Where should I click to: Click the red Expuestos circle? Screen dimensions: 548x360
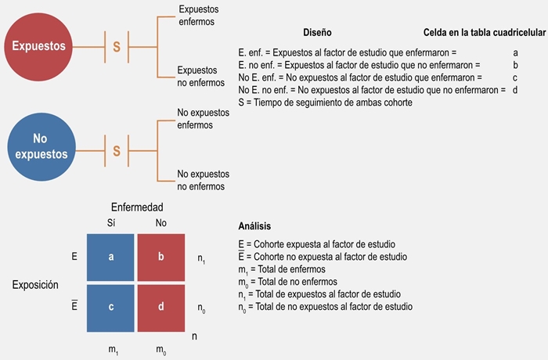point(38,46)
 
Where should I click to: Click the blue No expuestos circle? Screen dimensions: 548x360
point(38,146)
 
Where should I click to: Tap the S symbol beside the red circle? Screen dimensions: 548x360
point(117,47)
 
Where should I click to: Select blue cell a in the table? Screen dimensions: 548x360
point(110,257)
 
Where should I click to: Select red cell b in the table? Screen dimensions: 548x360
point(160,257)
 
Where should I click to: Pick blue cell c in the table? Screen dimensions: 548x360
point(110,306)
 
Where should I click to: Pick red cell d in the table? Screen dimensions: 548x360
point(160,306)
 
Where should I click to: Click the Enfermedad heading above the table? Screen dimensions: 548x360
point(137,207)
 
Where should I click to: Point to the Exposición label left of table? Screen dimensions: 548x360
point(35,285)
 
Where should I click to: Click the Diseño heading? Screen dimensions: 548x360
point(317,33)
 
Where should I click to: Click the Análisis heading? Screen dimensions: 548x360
point(254,226)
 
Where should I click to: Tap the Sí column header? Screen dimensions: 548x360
point(111,222)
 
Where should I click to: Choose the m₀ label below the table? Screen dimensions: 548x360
point(160,346)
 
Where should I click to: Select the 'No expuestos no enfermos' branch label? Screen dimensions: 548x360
point(203,180)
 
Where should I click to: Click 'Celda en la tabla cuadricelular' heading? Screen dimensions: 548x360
point(484,33)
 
